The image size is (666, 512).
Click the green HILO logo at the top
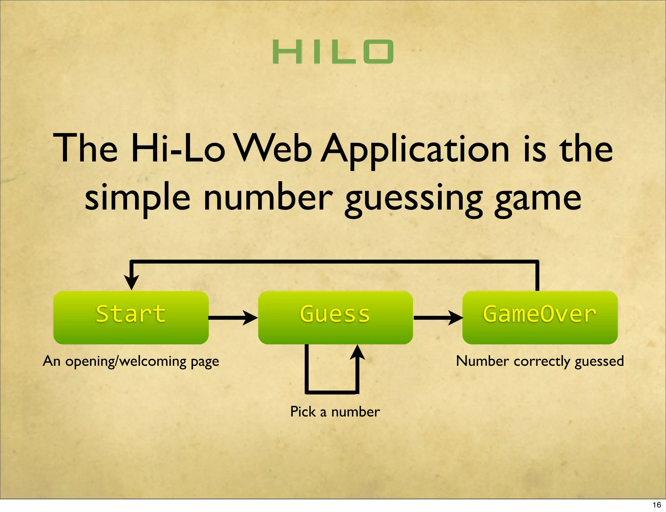[333, 52]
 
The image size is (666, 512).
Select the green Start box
[131, 317]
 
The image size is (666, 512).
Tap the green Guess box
[335, 317]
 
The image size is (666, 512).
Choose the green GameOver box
[540, 317]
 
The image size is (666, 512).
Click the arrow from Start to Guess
[233, 317]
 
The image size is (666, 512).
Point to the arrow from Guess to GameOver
[437, 317]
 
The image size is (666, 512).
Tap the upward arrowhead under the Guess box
[357, 352]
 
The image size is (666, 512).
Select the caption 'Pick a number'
[335, 412]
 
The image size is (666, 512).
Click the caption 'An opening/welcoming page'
[131, 361]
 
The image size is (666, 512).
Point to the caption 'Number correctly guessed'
[540, 361]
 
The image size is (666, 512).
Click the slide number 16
[657, 505]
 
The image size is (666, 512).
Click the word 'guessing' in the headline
[413, 199]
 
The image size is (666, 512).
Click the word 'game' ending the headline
[538, 199]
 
